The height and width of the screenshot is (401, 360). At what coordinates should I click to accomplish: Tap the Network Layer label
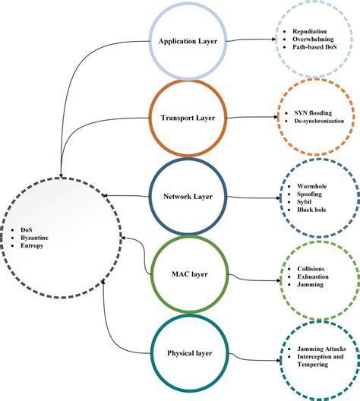[187, 196]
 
